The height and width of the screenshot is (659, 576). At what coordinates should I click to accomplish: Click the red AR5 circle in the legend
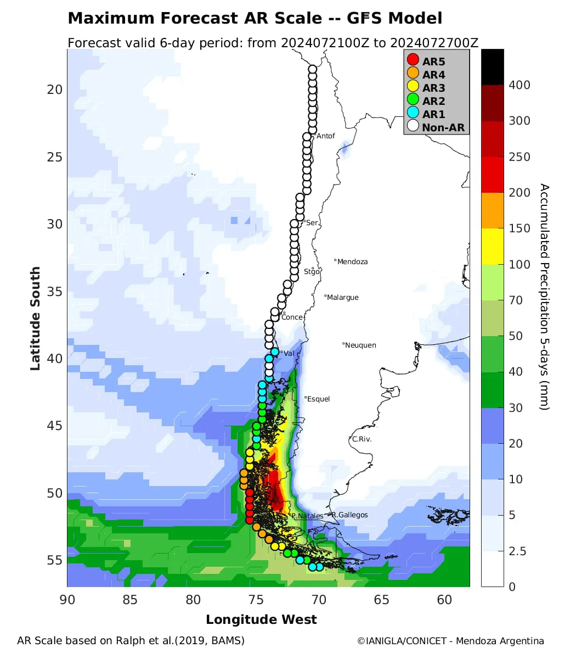[413, 60]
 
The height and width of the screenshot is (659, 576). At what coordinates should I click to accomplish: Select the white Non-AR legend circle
[413, 126]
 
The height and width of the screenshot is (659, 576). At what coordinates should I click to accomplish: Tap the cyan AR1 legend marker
[413, 113]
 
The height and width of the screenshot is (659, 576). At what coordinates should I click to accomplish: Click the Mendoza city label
[352, 262]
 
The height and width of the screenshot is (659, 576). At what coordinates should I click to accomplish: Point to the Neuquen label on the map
[360, 345]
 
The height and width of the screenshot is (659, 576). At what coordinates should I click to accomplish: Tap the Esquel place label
[318, 399]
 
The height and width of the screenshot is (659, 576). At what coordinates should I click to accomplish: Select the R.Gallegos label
[349, 515]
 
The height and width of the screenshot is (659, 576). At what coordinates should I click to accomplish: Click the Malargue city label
[342, 298]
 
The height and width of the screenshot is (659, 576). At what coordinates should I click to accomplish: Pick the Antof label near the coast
[326, 136]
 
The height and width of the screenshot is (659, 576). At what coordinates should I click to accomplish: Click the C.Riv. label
[362, 439]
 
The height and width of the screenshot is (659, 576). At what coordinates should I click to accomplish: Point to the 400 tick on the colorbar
[519, 85]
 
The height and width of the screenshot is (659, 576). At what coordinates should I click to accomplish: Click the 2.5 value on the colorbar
[517, 551]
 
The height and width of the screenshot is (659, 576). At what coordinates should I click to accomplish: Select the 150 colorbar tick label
[519, 228]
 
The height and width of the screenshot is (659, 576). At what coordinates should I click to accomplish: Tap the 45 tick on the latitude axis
[55, 426]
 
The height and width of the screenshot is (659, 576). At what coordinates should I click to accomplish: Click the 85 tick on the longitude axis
[130, 600]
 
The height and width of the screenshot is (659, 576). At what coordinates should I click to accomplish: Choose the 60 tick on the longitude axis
[444, 600]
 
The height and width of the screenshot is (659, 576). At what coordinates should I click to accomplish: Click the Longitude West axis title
[261, 620]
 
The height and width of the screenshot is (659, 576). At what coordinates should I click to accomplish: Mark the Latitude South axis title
[35, 319]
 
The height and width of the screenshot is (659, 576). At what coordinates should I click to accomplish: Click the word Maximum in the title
[111, 19]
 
